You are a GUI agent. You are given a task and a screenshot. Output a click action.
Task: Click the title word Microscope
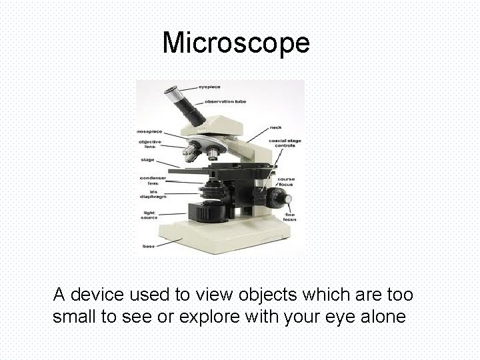pos(236,43)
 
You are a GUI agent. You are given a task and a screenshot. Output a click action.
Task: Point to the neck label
pos(275,127)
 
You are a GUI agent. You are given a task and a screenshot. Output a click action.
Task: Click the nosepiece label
pos(150,131)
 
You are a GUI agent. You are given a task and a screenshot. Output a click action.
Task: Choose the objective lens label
pos(149,144)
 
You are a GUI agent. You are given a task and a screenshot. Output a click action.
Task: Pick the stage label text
pos(147,160)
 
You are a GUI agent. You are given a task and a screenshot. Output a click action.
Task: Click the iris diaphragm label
pos(152,194)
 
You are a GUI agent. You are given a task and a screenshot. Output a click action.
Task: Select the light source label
pos(149,215)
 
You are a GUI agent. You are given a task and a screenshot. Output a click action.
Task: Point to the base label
pos(148,247)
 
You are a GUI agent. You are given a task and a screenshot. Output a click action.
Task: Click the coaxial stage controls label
pos(283,143)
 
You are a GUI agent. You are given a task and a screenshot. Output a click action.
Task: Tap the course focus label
pos(285,181)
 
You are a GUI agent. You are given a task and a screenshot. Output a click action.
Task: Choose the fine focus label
pos(289,216)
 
